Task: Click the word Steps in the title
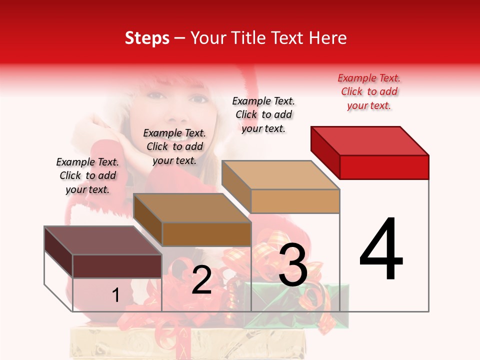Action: coord(147,38)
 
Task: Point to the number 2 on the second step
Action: coord(201,280)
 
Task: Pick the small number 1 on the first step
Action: coord(115,295)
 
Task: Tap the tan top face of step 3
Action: coord(281,175)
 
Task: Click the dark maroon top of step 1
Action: coord(103,240)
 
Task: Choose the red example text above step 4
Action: coord(369,91)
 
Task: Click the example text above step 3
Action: coord(263,114)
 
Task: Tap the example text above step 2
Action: coord(174,146)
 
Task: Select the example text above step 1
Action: coord(87,175)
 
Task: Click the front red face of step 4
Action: coord(384,167)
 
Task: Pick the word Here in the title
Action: coord(328,38)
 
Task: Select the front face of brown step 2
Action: coord(206,234)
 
